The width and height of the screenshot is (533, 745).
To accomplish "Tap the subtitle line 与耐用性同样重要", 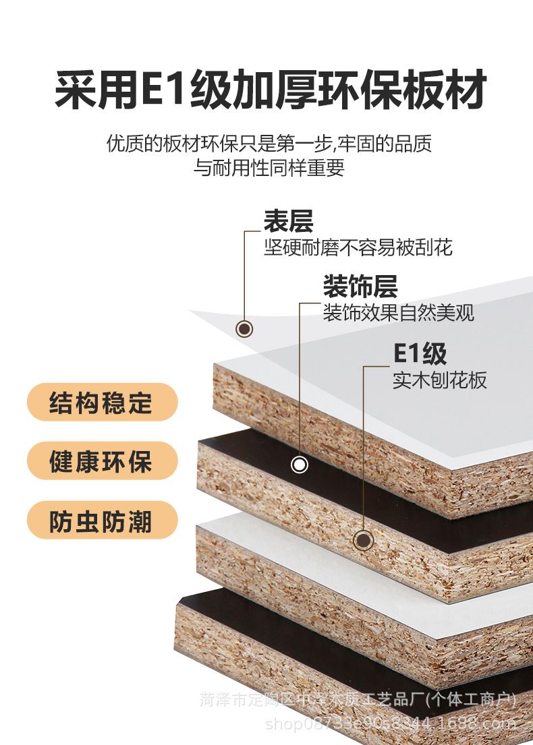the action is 269,168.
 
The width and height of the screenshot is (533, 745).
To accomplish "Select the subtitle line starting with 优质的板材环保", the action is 269,144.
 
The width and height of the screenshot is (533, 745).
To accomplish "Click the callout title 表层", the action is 288,221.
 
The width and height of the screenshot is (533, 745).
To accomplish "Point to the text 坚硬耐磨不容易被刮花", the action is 358,247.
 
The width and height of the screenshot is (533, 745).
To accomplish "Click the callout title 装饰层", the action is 360,287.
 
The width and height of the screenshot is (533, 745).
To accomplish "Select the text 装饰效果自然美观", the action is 398,312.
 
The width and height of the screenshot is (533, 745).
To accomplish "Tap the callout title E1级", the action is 420,353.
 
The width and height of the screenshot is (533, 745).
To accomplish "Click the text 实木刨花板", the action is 439,380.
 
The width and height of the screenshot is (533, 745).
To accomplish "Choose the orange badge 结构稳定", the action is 102,403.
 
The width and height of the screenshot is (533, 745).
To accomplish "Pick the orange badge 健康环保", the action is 102,462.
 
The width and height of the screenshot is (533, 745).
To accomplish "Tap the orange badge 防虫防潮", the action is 102,521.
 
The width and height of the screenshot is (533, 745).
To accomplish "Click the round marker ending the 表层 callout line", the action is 245,329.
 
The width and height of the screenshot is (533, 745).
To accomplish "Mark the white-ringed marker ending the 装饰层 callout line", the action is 300,465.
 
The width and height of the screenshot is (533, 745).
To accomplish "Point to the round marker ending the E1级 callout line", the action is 364,539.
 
